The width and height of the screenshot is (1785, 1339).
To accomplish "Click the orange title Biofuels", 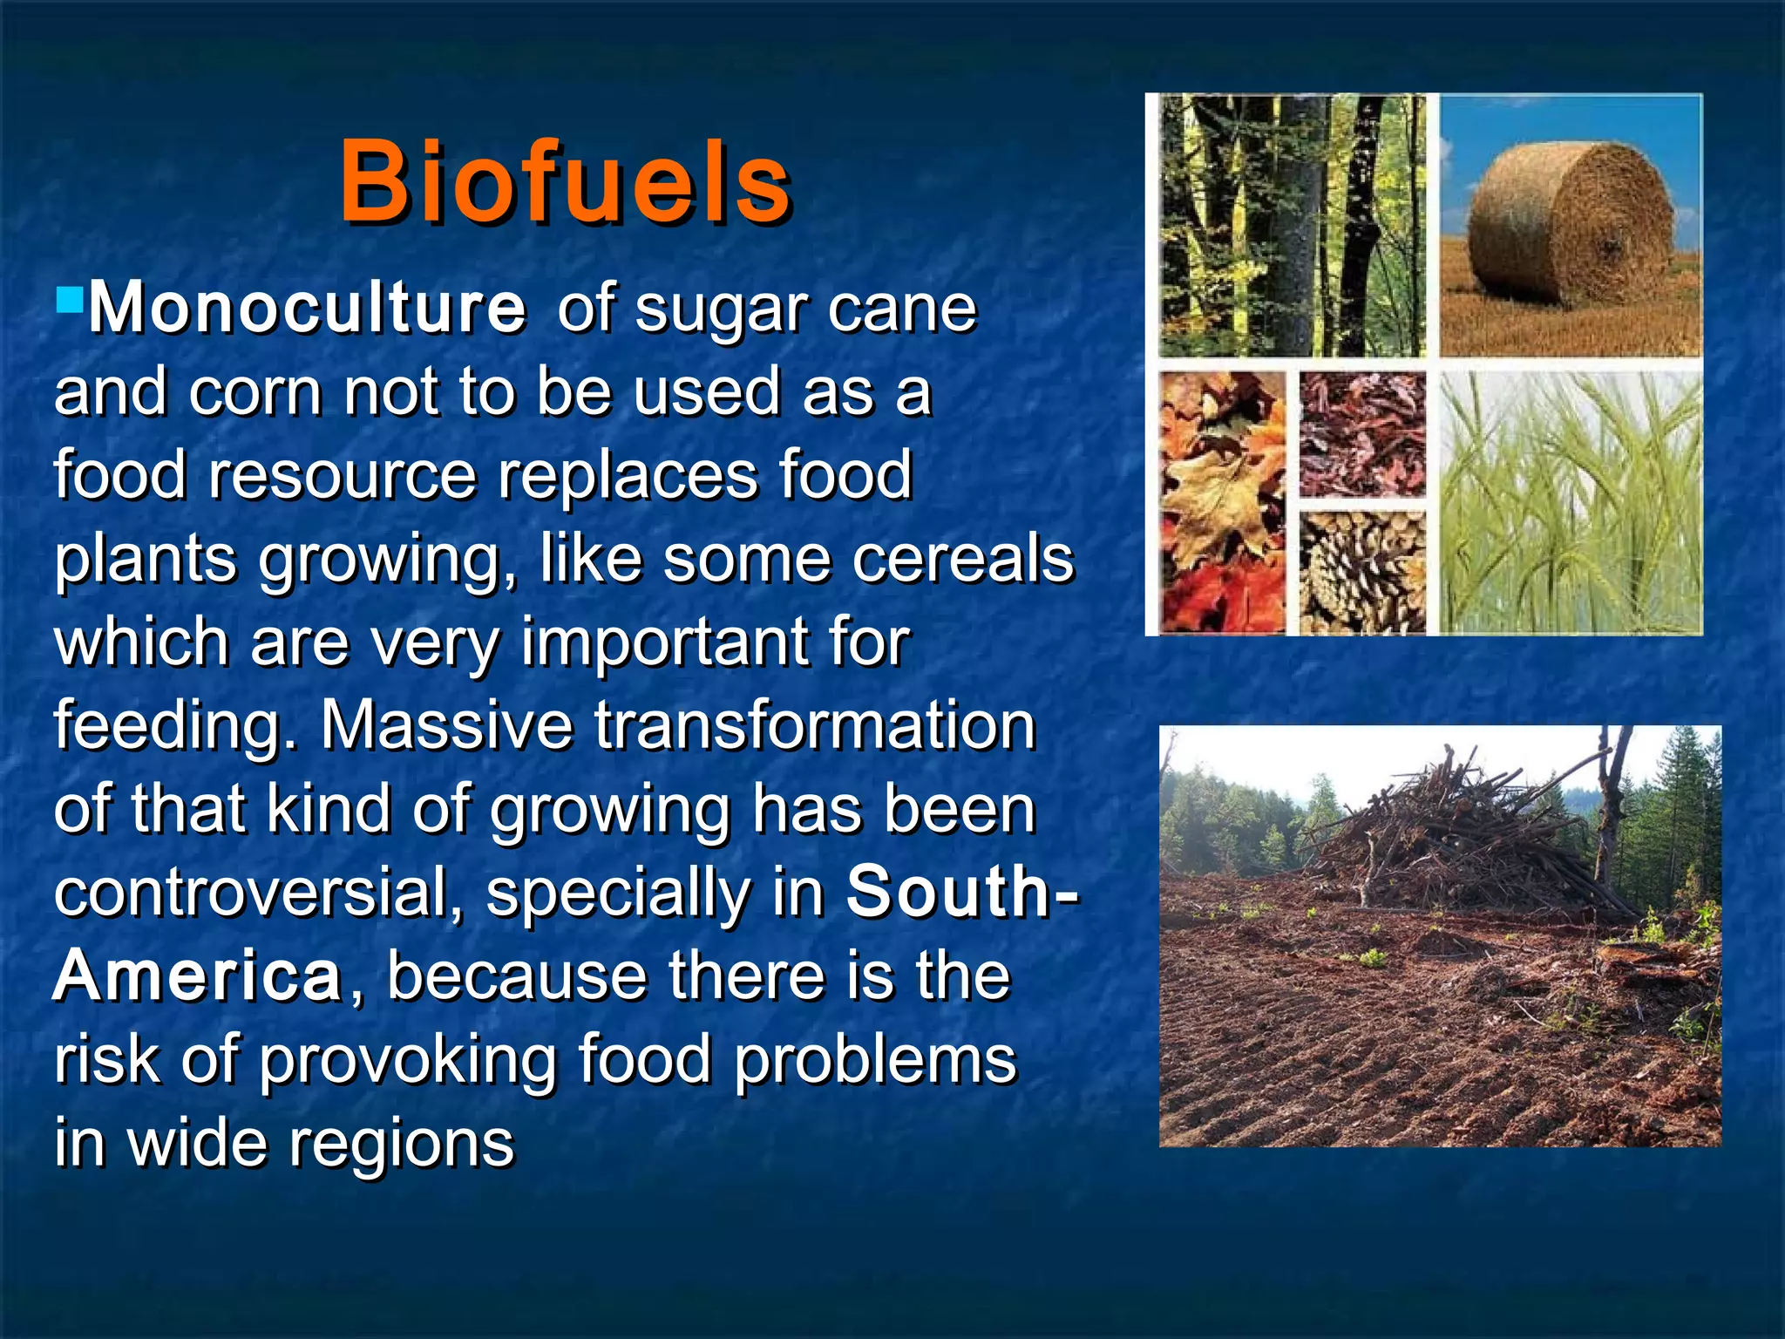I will pyautogui.click(x=565, y=183).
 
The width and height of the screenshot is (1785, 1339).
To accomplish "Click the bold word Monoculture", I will pyautogui.click(x=307, y=309).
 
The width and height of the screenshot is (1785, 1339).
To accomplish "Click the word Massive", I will pyautogui.click(x=446, y=725).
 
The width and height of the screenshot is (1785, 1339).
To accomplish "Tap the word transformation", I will pyautogui.click(x=815, y=725).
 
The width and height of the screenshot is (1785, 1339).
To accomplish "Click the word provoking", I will pyautogui.click(x=407, y=1060).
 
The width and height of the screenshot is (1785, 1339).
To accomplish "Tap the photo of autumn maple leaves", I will pyautogui.click(x=1222, y=501).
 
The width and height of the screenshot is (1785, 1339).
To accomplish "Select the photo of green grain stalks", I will pyautogui.click(x=1569, y=501).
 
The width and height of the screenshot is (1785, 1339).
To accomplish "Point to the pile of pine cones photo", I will pyautogui.click(x=1362, y=571).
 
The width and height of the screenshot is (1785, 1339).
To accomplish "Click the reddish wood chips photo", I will pyautogui.click(x=1362, y=433).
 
